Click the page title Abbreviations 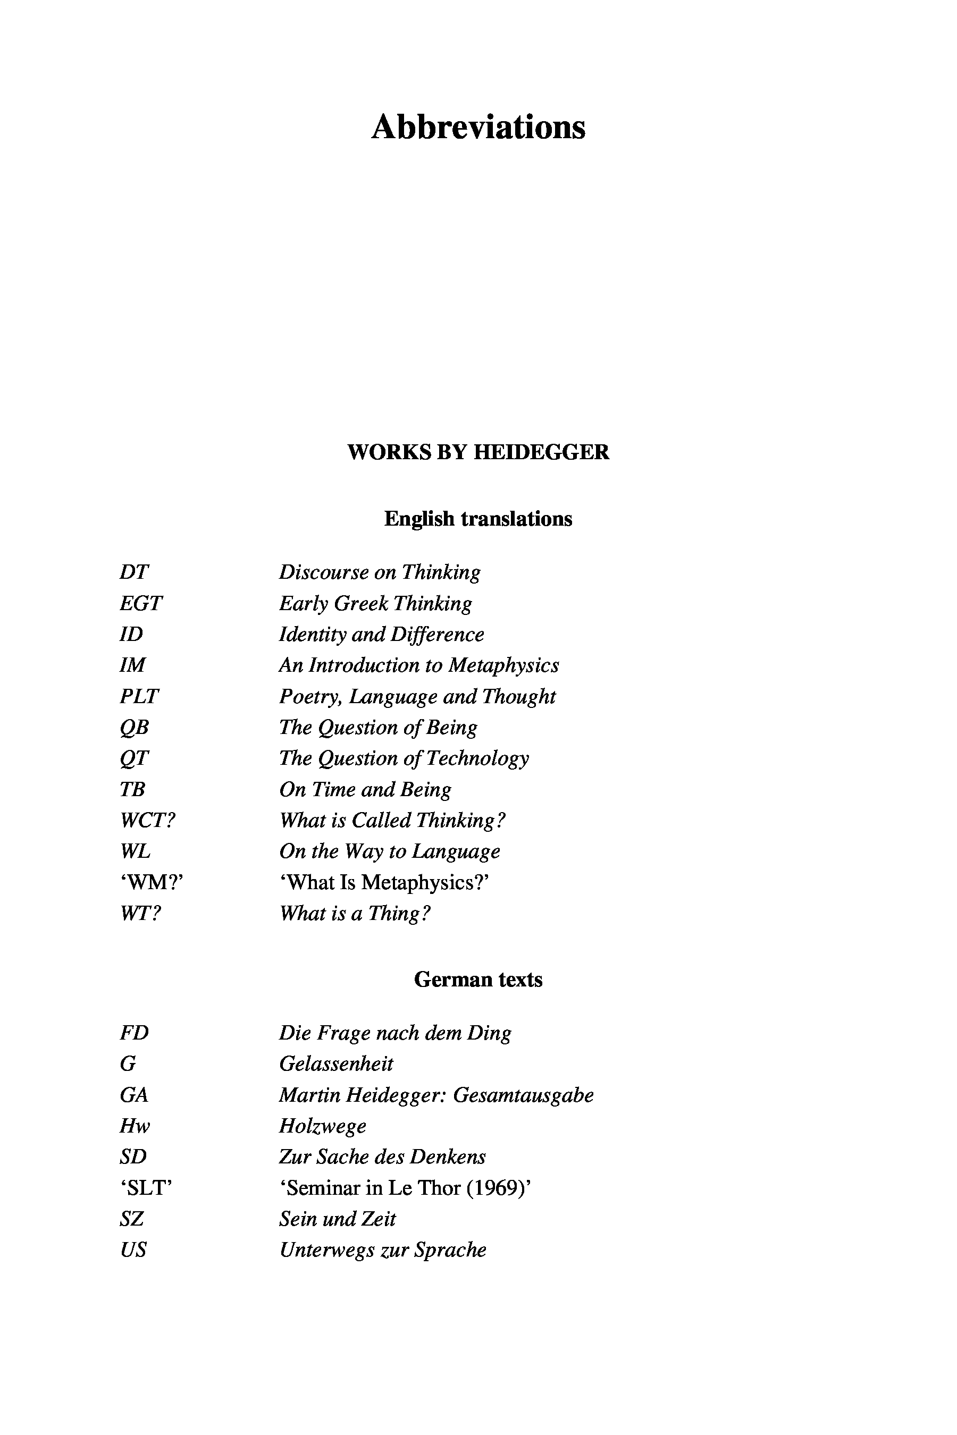(x=478, y=127)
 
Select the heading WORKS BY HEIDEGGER (x=478, y=452)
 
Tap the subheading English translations (x=478, y=519)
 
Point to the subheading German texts (x=478, y=979)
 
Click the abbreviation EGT (x=141, y=603)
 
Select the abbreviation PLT (x=139, y=696)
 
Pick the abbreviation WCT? (x=148, y=820)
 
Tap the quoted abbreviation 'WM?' (x=152, y=882)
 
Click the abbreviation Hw (x=135, y=1126)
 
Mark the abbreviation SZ (x=132, y=1219)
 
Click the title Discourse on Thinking (x=380, y=572)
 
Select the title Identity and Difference (x=381, y=635)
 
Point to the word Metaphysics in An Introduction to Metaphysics (x=503, y=665)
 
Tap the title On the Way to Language (x=389, y=851)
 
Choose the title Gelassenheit (x=337, y=1064)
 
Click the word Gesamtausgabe (x=524, y=1095)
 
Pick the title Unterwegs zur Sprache (x=383, y=1250)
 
